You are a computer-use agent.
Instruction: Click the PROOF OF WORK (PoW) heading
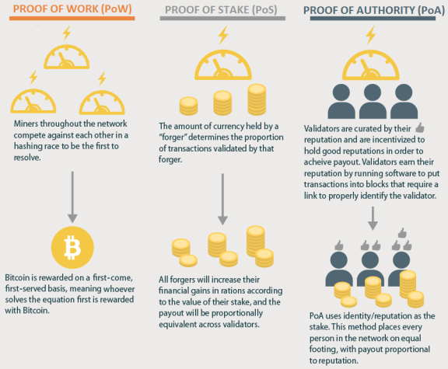pos(72,9)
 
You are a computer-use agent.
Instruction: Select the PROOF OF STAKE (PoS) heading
pos(221,9)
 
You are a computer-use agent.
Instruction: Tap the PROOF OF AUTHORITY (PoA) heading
pos(373,10)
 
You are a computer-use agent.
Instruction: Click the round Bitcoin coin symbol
pos(72,248)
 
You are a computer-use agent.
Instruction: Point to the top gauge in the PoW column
pos(67,57)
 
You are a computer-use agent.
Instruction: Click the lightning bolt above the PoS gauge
pos(223,35)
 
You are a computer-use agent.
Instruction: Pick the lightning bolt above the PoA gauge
pos(371,35)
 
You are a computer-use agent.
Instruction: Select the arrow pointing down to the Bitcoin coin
pos(72,197)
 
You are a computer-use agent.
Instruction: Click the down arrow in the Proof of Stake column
pos(222,199)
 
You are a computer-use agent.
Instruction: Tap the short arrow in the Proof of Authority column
pos(373,218)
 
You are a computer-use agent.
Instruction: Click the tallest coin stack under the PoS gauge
pos(257,99)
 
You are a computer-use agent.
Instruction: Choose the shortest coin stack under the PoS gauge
pos(188,106)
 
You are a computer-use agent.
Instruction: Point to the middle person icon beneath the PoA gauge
pos(373,101)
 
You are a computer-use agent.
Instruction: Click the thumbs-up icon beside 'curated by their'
pos(420,127)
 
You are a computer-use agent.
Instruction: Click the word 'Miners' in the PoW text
pos(26,124)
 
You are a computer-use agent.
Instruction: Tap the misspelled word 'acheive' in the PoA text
pos(317,162)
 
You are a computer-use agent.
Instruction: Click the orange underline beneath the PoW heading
pos(72,19)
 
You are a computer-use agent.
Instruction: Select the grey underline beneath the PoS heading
pos(222,19)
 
